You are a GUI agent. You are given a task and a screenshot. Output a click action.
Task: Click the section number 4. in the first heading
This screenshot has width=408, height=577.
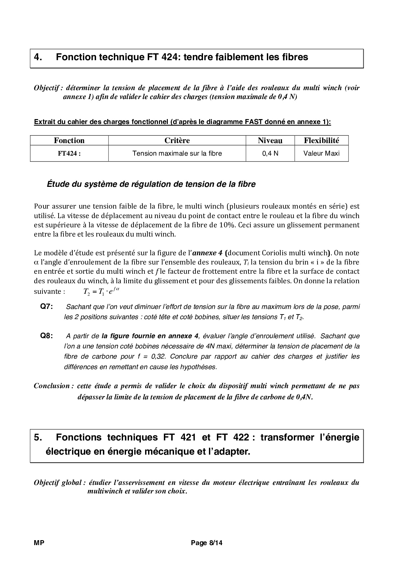pyautogui.click(x=38, y=57)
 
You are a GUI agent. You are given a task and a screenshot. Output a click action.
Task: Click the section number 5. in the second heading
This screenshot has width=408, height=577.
pyautogui.click(x=38, y=437)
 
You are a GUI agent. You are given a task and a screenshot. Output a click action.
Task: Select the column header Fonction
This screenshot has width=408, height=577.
pyautogui.click(x=69, y=140)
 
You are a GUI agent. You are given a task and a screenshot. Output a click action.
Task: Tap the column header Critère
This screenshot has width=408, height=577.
pyautogui.click(x=177, y=140)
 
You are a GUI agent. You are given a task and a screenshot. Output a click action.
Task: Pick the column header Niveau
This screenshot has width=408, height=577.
pyautogui.click(x=270, y=140)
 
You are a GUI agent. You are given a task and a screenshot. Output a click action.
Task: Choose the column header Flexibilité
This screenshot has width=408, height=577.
pyautogui.click(x=321, y=140)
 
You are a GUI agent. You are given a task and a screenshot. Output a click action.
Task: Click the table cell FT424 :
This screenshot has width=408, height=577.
pyautogui.click(x=69, y=153)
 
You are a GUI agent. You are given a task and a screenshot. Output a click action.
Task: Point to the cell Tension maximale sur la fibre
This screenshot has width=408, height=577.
pyautogui.click(x=177, y=153)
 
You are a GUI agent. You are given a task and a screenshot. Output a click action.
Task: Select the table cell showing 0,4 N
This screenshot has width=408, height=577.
pyautogui.click(x=270, y=153)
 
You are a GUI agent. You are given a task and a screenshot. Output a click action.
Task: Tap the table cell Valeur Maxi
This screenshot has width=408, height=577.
pyautogui.click(x=321, y=153)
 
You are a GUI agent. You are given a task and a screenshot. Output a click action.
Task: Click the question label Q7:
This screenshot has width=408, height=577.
pyautogui.click(x=46, y=307)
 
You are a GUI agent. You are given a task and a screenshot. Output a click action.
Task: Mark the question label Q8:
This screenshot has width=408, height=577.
pyautogui.click(x=46, y=336)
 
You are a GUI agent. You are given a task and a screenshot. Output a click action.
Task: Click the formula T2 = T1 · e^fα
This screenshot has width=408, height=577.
pyautogui.click(x=101, y=291)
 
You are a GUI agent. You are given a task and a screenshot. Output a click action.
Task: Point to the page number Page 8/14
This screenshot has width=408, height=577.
pyautogui.click(x=207, y=543)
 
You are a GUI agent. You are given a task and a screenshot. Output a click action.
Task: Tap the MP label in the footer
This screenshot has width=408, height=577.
pyautogui.click(x=39, y=543)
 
